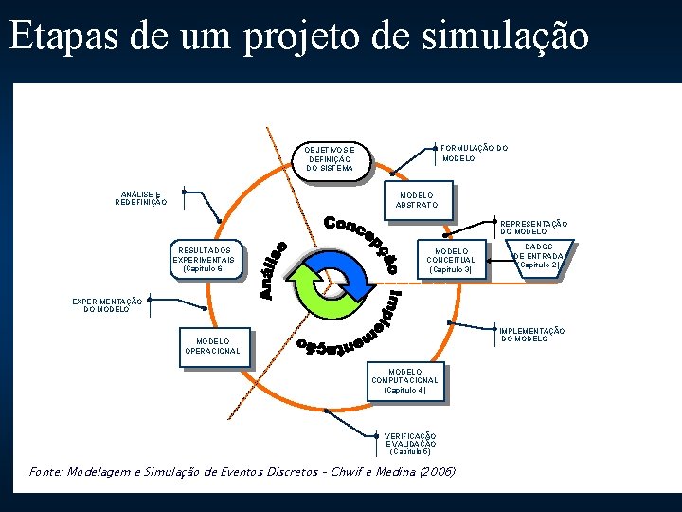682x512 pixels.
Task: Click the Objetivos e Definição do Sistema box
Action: point(331,158)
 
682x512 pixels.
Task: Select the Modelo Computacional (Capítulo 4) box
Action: point(405,381)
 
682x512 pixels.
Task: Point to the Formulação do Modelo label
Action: point(475,153)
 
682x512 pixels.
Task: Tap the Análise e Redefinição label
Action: point(140,198)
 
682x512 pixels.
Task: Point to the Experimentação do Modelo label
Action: point(107,305)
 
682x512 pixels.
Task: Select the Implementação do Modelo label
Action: point(532,334)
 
